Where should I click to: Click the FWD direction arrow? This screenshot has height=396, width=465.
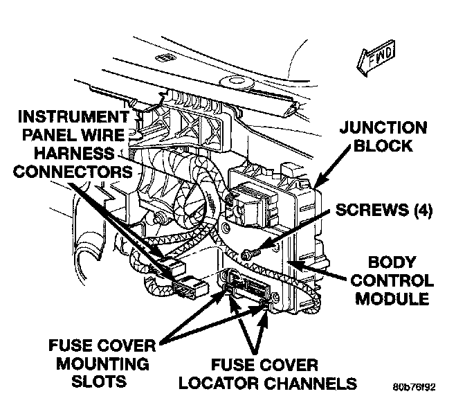click(375, 60)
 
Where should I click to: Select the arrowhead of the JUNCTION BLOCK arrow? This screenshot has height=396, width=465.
click(317, 186)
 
